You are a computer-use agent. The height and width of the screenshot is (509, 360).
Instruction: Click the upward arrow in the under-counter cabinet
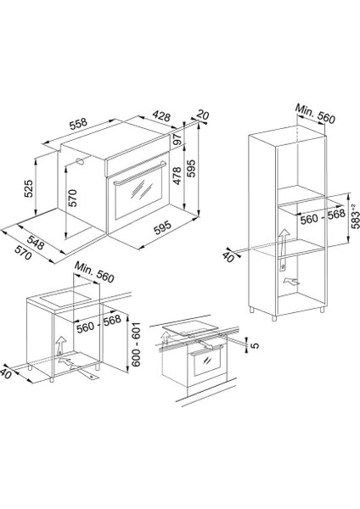click(59, 344)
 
